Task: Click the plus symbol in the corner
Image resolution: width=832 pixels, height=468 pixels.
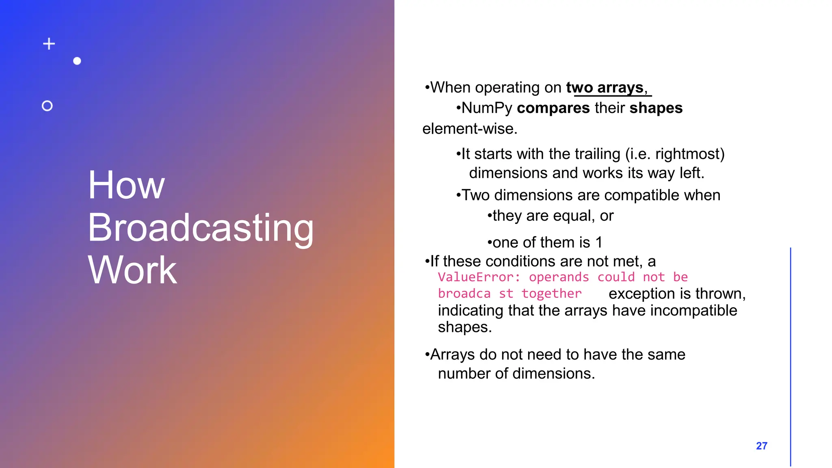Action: pos(49,44)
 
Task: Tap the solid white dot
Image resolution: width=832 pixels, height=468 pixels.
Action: pos(77,61)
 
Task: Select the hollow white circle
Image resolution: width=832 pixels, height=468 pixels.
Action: pos(47,106)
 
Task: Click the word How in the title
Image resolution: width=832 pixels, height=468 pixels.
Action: pos(126,185)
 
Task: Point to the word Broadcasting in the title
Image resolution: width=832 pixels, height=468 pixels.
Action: pos(201,228)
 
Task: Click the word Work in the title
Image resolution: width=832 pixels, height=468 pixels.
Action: pos(132,270)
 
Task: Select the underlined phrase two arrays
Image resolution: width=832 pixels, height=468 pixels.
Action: pos(605,88)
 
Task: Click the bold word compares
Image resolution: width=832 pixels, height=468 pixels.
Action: pos(553,108)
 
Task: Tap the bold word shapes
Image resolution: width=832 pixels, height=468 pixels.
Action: pos(656,108)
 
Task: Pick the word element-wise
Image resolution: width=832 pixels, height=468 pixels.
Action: pos(470,129)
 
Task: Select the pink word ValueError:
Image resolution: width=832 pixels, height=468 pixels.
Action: pos(479,277)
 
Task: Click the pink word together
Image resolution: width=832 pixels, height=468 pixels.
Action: pos(551,293)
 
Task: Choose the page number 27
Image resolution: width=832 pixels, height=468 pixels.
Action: pos(761,446)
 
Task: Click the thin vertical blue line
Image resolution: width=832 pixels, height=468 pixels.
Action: pos(791,357)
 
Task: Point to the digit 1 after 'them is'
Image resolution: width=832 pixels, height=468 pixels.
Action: pos(599,243)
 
